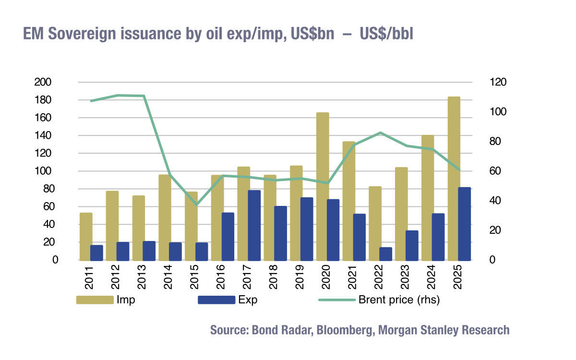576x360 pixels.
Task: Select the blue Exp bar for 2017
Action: point(254,226)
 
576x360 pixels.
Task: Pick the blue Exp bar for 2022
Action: point(386,254)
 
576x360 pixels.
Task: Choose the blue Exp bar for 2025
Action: point(465,224)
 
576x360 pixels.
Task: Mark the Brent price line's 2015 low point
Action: point(196,205)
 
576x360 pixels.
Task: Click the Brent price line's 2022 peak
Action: point(380,132)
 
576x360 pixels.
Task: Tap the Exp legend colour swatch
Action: point(216,300)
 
